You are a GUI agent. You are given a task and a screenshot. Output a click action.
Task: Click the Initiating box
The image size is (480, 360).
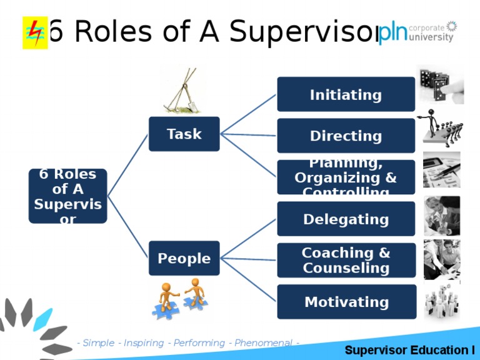click(346, 94)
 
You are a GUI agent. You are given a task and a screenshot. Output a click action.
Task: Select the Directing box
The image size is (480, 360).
click(346, 136)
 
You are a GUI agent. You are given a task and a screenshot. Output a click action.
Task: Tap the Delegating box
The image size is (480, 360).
click(346, 219)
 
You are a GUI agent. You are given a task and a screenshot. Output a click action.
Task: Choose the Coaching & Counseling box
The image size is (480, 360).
click(346, 260)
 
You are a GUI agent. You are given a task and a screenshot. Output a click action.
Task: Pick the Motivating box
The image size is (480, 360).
click(346, 302)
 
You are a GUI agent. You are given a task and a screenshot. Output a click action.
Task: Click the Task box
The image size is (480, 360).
click(184, 134)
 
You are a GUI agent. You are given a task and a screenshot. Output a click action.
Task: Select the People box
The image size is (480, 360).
click(184, 258)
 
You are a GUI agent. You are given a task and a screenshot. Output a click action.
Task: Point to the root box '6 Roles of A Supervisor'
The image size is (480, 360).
click(67, 196)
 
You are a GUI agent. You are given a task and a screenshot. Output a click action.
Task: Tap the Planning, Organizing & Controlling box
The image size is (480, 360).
click(346, 177)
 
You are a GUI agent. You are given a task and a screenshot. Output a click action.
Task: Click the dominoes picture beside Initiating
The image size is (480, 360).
click(441, 84)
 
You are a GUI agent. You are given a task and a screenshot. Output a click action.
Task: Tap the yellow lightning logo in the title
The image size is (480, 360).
click(34, 32)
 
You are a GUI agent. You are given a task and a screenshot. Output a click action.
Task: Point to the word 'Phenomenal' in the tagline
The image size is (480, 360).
click(263, 343)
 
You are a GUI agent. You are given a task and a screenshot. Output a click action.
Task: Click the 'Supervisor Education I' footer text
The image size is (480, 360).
click(409, 349)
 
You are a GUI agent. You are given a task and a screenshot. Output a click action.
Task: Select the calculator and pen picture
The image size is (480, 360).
click(441, 169)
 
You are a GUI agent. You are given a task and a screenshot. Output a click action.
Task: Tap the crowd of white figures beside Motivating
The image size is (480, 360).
click(442, 301)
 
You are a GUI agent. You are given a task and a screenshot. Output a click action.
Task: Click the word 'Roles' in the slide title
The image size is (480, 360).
click(119, 32)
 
